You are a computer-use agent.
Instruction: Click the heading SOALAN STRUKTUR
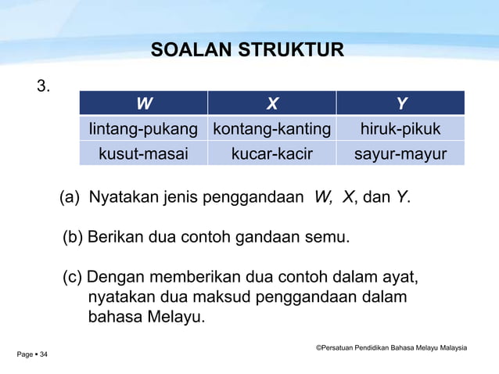[x=247, y=51]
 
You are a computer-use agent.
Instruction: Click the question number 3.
[x=44, y=86]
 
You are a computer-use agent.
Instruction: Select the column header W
[x=144, y=103]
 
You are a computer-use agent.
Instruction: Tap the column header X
[x=271, y=103]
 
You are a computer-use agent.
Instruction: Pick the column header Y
[x=400, y=103]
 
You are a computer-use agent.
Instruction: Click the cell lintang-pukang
[x=143, y=128]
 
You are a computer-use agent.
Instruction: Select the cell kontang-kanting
[x=271, y=128]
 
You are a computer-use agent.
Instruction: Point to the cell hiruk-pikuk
[x=400, y=128]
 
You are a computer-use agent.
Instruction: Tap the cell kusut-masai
[x=143, y=153]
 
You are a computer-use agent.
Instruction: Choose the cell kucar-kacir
[x=271, y=153]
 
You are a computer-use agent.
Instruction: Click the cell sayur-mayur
[x=400, y=153]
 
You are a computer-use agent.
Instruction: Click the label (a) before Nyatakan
[x=71, y=197]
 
